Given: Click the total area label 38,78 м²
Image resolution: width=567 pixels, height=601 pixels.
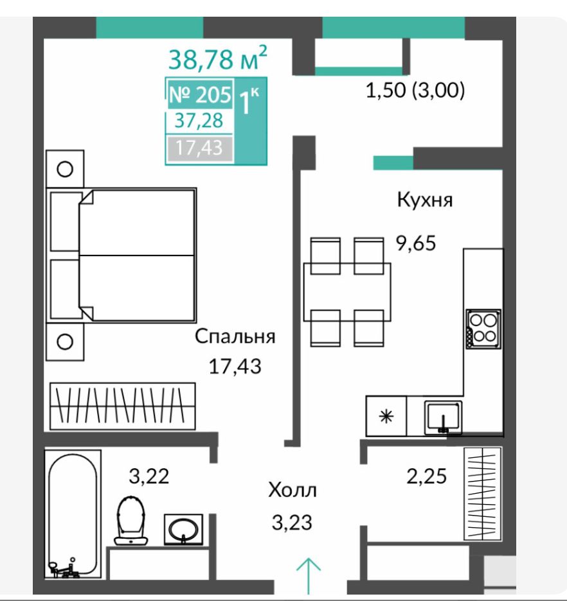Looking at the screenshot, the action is [x=217, y=58].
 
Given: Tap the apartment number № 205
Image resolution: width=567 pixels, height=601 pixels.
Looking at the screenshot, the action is [x=201, y=94].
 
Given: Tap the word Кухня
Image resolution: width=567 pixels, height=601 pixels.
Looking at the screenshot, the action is [x=425, y=200].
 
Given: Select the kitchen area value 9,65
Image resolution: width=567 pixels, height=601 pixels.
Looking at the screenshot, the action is [x=416, y=243].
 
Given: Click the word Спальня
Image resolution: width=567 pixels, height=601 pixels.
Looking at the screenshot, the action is [x=235, y=336].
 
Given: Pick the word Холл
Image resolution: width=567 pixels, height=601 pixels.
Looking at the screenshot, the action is [x=292, y=490].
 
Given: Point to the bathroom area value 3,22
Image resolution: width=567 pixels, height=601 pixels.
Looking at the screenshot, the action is [x=149, y=476].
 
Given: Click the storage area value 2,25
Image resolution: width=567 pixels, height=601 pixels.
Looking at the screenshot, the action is [x=427, y=476].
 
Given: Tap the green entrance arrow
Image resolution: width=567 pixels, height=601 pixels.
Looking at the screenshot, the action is [x=309, y=576].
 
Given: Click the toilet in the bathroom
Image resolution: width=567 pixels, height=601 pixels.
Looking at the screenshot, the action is [x=131, y=520].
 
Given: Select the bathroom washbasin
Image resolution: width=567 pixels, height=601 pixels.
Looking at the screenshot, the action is [x=183, y=529].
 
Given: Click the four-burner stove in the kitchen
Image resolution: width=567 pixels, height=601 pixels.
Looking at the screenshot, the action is [x=483, y=329].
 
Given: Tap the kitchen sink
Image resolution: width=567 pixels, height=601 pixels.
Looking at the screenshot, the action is [x=443, y=418].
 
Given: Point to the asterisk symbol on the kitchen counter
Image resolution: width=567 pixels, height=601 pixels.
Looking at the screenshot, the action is [x=386, y=416].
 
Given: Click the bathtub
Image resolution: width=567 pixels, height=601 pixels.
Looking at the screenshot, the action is [x=73, y=514].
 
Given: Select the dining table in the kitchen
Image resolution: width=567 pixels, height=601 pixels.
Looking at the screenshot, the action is [x=347, y=292].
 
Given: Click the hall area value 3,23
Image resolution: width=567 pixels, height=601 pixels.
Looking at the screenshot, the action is [x=292, y=523].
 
